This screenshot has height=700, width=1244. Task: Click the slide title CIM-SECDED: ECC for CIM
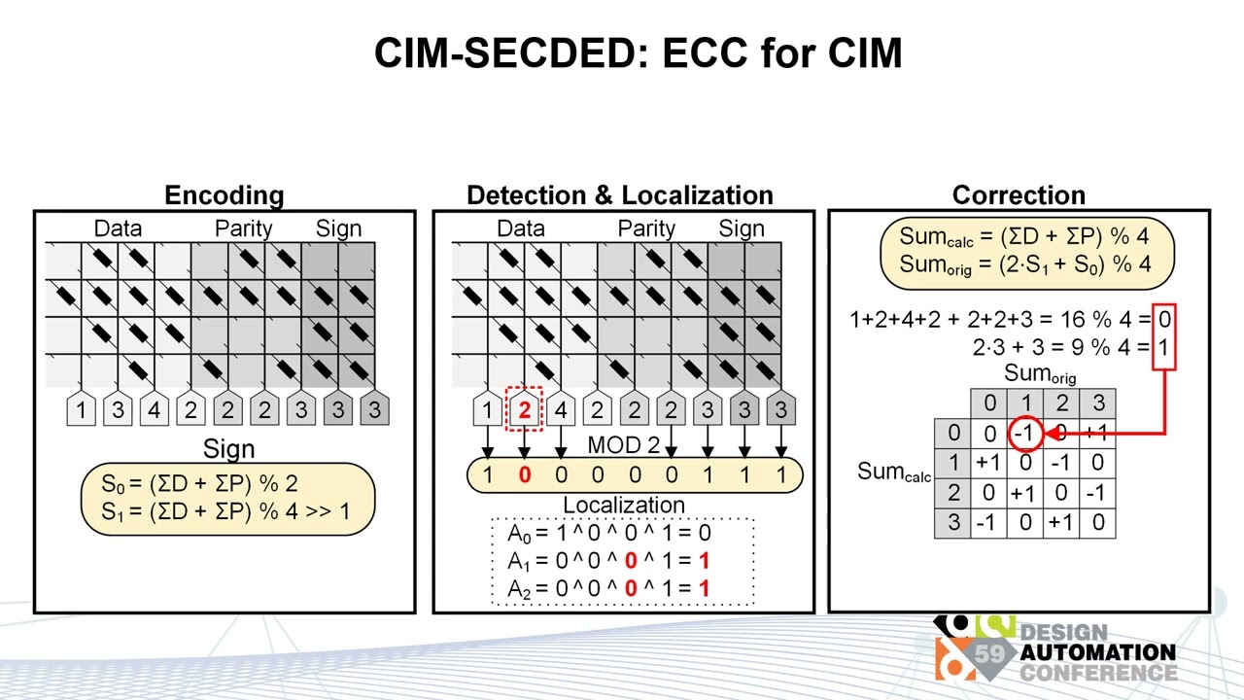(638, 52)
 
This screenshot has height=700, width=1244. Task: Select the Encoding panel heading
(224, 195)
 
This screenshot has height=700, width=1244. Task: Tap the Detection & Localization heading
(620, 195)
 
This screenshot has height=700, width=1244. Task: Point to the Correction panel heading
(1019, 195)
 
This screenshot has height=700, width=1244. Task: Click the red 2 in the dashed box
(524, 410)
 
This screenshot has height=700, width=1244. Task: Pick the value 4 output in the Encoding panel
(154, 410)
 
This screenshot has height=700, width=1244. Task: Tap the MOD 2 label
(624, 446)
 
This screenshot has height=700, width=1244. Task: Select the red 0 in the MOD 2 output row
(524, 474)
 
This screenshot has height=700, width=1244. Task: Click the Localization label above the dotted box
(624, 506)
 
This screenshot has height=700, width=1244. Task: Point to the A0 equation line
(609, 533)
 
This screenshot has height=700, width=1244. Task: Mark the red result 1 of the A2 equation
(704, 588)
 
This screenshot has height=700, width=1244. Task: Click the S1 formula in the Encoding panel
(225, 509)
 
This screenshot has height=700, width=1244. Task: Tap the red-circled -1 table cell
(1024, 434)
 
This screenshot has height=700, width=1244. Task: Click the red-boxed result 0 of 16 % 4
(1164, 319)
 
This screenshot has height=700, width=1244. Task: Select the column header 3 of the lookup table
(1097, 403)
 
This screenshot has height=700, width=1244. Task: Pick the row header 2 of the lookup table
(952, 493)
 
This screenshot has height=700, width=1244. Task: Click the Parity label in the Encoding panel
(243, 228)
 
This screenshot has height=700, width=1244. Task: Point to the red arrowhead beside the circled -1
(1052, 434)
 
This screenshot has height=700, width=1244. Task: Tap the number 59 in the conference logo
(989, 653)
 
